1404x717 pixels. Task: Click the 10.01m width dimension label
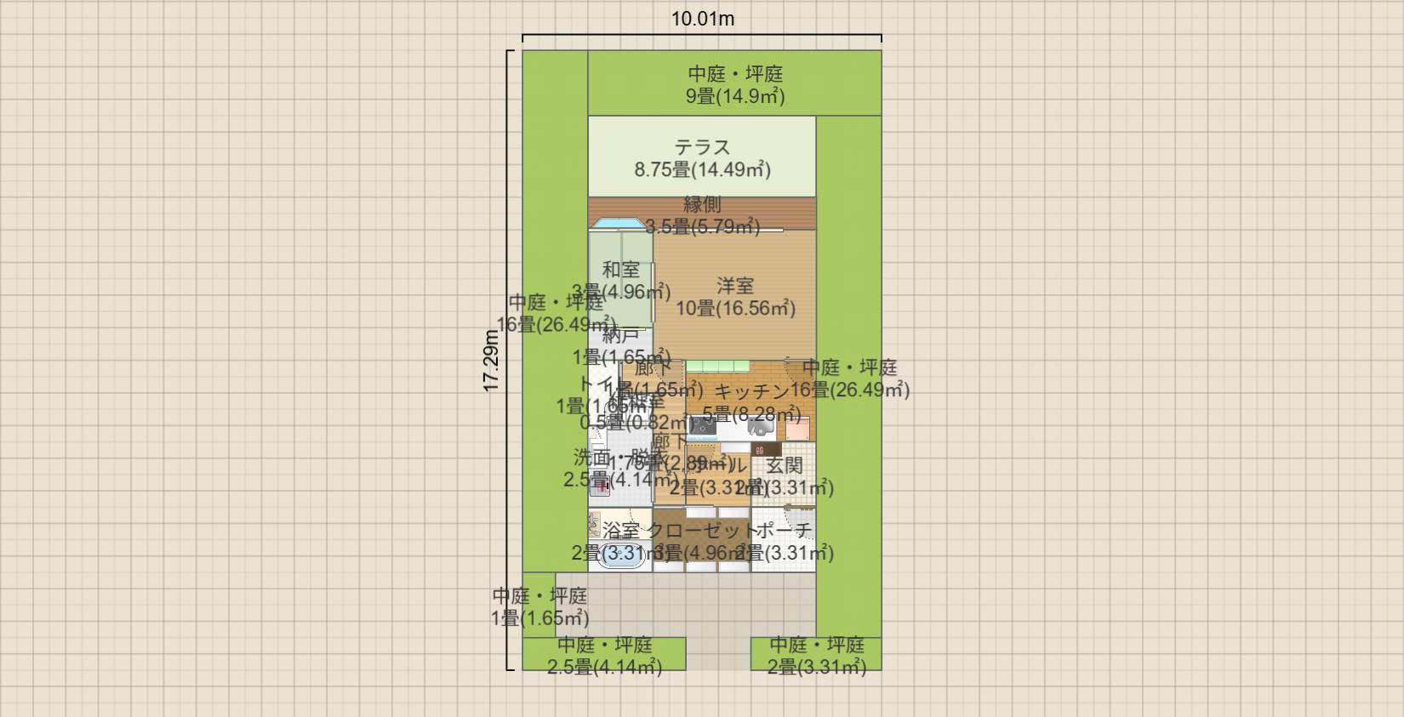click(703, 19)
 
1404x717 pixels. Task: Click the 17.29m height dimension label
click(491, 361)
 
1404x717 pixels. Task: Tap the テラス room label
click(702, 147)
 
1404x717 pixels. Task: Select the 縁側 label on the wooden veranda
click(702, 204)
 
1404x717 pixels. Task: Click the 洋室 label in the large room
click(735, 286)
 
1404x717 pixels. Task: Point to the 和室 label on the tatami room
click(620, 270)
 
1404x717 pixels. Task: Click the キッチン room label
click(752, 391)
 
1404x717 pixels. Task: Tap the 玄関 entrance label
click(784, 465)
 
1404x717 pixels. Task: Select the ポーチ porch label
click(784, 531)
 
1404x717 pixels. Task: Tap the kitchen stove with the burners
click(761, 427)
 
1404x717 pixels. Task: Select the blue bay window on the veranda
click(619, 224)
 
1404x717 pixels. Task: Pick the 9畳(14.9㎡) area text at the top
click(735, 96)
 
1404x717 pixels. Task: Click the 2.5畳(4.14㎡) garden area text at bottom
click(604, 667)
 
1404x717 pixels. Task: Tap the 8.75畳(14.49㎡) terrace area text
click(702, 169)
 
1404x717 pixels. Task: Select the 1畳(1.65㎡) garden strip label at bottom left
click(539, 618)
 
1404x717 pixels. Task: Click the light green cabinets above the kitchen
click(718, 366)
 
